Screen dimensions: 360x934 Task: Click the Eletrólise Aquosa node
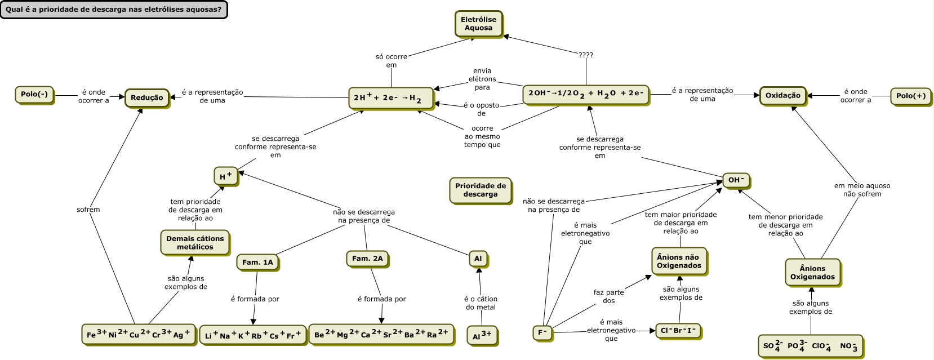478,24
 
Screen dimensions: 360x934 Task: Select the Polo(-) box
34,95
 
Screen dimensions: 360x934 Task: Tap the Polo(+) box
910,96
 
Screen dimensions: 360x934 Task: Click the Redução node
146,98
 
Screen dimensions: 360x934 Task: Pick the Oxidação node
782,96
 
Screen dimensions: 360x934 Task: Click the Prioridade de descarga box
481,190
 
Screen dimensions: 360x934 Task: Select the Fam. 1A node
257,263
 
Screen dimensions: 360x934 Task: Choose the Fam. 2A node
367,259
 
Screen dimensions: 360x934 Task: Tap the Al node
478,259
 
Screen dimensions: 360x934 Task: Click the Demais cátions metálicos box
195,243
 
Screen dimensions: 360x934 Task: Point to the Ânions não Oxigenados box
679,261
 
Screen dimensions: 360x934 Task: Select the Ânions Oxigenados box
812,273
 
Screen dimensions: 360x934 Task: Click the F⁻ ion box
542,332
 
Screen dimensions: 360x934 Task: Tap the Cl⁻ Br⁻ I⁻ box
678,331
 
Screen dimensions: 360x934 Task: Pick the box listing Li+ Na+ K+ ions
253,335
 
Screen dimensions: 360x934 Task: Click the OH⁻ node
736,180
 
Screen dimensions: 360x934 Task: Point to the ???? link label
586,55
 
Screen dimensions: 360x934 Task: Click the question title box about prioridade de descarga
113,10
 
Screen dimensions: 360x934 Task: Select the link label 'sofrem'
88,210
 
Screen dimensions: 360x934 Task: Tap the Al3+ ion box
482,335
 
